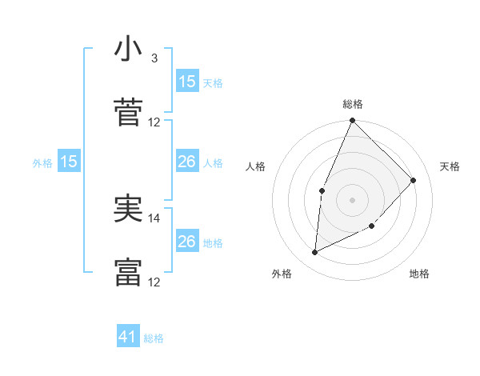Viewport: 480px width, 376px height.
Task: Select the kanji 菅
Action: tap(128, 111)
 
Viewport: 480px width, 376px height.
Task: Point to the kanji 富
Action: tap(128, 272)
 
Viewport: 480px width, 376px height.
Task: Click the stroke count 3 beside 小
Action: tap(154, 58)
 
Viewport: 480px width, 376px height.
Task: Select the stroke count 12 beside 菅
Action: tap(154, 122)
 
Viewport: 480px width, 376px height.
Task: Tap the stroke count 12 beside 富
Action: tap(154, 282)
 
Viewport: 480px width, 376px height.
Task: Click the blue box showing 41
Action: tap(128, 337)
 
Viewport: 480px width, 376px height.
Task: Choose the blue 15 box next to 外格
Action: tap(69, 162)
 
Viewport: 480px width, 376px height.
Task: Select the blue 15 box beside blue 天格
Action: tap(187, 82)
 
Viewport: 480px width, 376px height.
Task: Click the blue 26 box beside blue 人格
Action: tap(187, 162)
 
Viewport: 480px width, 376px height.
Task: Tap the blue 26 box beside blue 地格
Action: tap(187, 242)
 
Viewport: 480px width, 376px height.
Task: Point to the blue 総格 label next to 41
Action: tap(154, 338)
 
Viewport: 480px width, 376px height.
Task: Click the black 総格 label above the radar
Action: tap(353, 105)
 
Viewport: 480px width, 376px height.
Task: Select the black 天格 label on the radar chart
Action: tap(450, 166)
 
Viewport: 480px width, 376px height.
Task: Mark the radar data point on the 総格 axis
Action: tap(352, 121)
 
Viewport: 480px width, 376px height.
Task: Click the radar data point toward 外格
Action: tap(315, 252)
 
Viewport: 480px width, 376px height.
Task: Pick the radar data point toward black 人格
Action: tap(322, 190)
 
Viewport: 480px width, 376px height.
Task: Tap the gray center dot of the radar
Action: tap(352, 200)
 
